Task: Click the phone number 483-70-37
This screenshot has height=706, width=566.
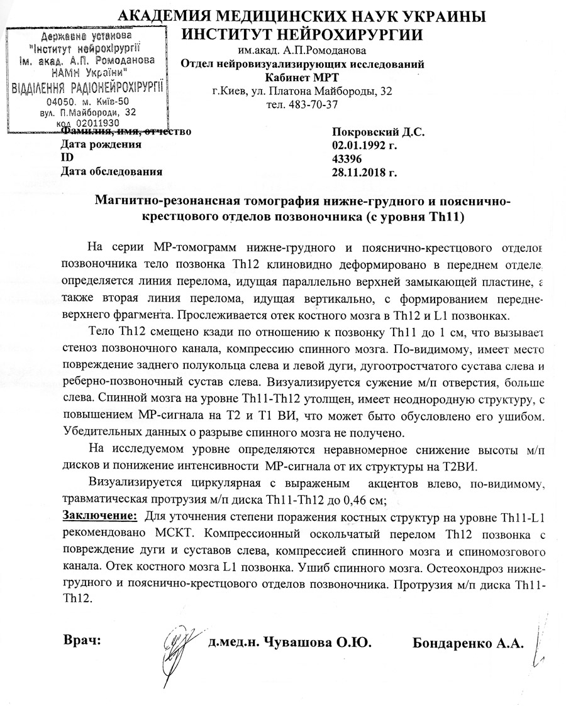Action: click(x=315, y=104)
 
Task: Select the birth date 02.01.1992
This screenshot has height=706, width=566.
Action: click(x=363, y=144)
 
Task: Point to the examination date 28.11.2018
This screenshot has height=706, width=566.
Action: click(x=364, y=171)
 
